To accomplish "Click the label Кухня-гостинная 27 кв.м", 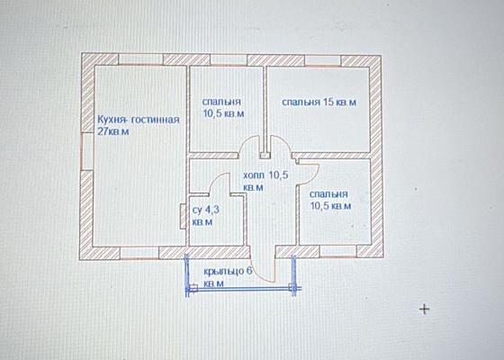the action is [139, 125].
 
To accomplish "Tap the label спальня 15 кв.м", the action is [319, 103].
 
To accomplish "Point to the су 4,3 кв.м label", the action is [206, 216].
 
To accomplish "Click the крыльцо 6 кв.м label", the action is [228, 277].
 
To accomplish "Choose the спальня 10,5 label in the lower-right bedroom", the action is [330, 200].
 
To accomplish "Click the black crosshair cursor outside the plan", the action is [424, 309].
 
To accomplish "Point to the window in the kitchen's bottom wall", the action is [139, 253].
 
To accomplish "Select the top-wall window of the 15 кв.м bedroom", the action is [322, 61].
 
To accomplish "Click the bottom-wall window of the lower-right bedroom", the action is [337, 252].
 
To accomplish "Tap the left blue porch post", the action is [187, 275].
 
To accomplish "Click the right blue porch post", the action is [293, 275].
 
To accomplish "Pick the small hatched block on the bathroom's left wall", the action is [184, 216].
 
